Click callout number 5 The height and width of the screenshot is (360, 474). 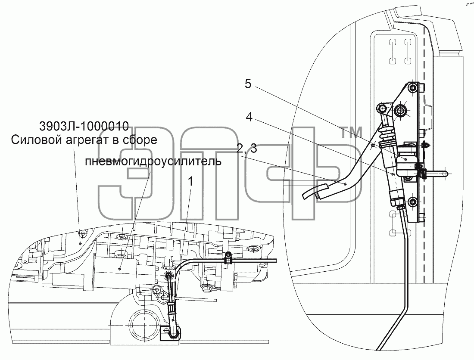coord(248,84)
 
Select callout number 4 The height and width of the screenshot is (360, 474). coord(249,117)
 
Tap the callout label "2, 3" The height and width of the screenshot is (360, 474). coord(246,149)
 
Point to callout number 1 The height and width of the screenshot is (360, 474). coord(190,182)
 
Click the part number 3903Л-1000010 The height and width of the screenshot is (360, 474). coord(84,126)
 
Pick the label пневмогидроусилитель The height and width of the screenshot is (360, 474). coord(153,161)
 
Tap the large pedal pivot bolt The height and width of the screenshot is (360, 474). coord(400,111)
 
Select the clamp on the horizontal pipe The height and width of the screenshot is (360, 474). coord(228,258)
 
